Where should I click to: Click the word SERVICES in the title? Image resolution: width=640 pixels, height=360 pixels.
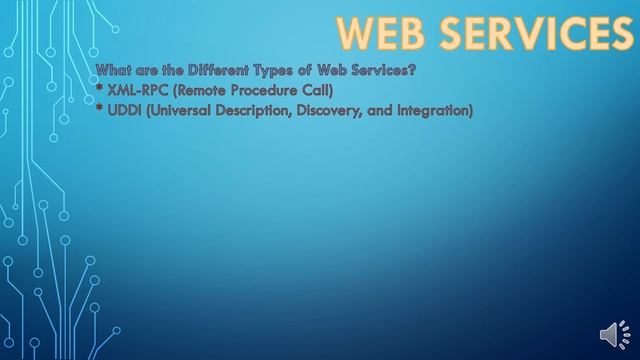coord(534,33)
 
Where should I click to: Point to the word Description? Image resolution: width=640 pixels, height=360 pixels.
coord(263,111)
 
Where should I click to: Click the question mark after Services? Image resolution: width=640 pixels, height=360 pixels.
coord(412,69)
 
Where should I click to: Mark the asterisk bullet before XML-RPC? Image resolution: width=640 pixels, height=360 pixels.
coord(100,88)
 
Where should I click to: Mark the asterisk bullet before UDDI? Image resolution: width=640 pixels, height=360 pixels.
coord(100,109)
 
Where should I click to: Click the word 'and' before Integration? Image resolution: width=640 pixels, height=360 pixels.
coord(389,111)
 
